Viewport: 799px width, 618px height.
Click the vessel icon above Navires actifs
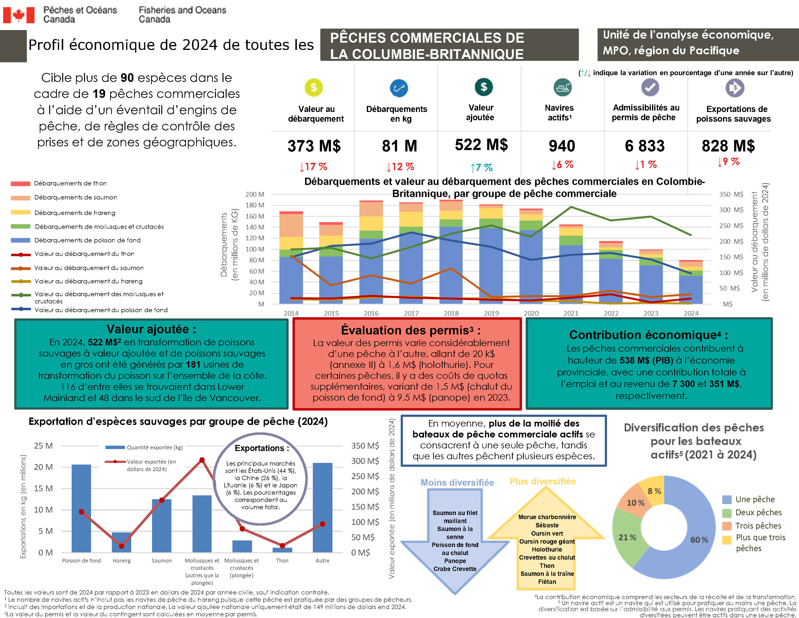coord(562,87)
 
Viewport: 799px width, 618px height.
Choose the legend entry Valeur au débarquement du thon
coord(84,254)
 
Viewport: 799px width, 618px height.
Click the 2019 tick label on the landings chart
coord(491,313)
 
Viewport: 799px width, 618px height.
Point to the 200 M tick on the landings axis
coord(255,194)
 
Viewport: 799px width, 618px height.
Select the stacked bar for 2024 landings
coord(691,282)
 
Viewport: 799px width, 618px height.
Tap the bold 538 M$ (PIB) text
coord(646,360)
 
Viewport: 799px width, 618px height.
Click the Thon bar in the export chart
coord(282,550)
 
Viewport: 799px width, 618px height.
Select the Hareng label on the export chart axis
coord(122,561)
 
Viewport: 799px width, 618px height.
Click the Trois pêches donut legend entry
coord(758,526)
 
